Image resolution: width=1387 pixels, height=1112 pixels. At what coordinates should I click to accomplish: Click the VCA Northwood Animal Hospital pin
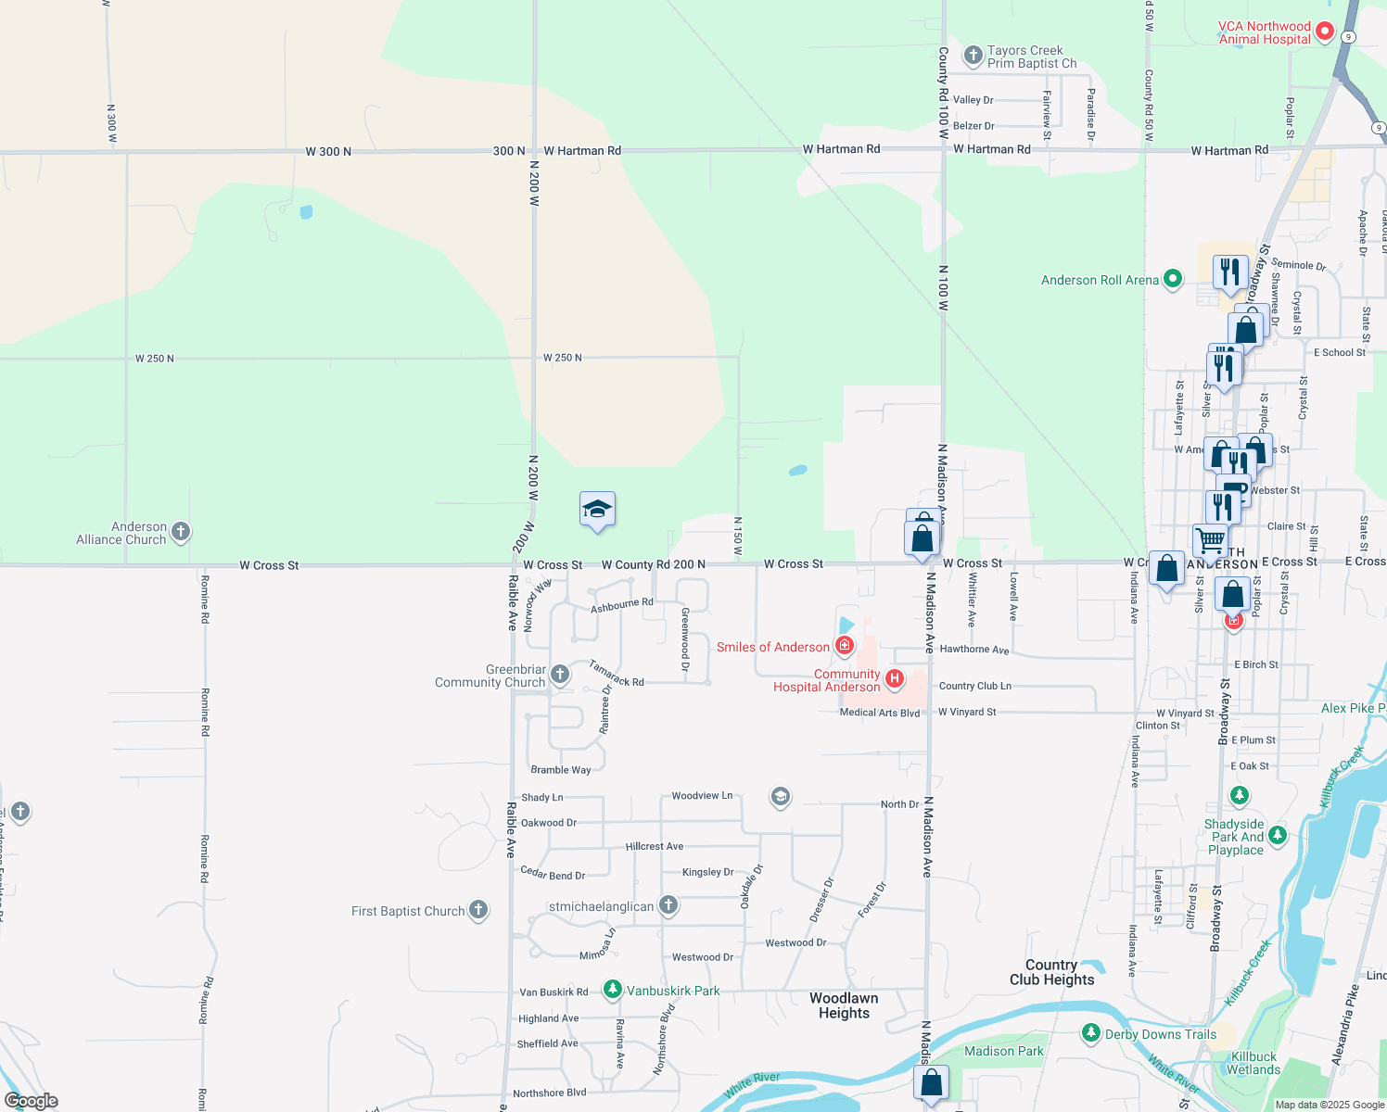[1325, 32]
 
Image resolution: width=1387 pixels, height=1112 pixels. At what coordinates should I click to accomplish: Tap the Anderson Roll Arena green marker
[1173, 278]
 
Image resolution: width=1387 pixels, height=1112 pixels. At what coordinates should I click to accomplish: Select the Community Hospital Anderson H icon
[895, 679]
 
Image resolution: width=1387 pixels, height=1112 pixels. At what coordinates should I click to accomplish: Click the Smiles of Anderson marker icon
[845, 645]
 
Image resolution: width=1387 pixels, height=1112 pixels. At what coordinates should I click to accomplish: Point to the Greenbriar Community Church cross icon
[560, 674]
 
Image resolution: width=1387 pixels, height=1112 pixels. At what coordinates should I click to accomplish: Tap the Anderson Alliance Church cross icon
[181, 532]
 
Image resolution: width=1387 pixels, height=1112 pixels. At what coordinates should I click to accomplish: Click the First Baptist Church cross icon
[478, 910]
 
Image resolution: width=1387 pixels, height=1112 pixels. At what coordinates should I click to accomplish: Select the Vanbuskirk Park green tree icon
[612, 990]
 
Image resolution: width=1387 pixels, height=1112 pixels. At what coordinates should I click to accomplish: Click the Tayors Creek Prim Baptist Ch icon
[973, 56]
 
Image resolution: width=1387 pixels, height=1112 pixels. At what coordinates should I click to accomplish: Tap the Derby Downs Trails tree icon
[1091, 1033]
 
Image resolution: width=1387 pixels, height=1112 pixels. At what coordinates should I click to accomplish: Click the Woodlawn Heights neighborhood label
[844, 1005]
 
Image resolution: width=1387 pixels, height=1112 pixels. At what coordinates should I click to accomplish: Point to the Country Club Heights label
[1051, 972]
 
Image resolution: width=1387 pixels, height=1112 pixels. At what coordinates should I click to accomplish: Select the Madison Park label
[1003, 1051]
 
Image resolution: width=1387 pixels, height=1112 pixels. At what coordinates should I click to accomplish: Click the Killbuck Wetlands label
[1253, 1063]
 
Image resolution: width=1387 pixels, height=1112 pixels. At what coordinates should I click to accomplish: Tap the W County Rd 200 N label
[653, 564]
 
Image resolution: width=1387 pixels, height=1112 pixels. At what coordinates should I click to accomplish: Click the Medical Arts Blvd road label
[879, 713]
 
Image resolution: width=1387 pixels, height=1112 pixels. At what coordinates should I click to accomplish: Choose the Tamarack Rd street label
[616, 674]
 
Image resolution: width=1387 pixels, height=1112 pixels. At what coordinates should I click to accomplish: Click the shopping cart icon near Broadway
[1210, 539]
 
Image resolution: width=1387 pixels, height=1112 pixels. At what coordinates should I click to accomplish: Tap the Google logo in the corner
[32, 1101]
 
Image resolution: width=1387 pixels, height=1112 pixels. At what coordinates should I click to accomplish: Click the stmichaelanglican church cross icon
[668, 905]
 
